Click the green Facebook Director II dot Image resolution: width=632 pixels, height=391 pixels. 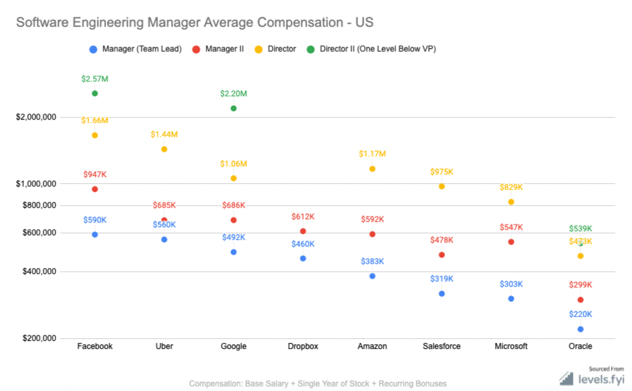click(x=95, y=94)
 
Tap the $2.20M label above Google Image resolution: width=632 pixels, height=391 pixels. click(x=233, y=94)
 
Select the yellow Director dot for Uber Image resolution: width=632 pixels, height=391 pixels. click(x=164, y=149)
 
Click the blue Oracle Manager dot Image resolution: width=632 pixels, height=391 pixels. click(x=581, y=329)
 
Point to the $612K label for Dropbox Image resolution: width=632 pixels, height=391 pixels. click(x=303, y=217)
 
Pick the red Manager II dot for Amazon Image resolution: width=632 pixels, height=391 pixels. click(x=372, y=234)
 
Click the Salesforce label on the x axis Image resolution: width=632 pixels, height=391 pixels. click(x=442, y=346)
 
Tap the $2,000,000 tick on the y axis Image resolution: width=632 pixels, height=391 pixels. click(x=37, y=118)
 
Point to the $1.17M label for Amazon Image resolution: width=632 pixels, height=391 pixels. click(x=372, y=154)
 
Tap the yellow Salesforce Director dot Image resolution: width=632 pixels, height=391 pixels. click(x=442, y=186)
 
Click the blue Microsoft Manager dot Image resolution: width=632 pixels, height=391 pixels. click(x=511, y=299)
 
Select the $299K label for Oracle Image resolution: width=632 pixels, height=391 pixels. click(x=581, y=285)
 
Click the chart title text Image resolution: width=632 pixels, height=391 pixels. click(x=194, y=22)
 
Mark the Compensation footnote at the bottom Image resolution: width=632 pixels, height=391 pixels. click(x=317, y=384)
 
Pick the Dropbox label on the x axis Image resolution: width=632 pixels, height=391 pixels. click(x=303, y=346)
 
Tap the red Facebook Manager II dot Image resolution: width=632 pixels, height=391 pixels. click(x=95, y=189)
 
